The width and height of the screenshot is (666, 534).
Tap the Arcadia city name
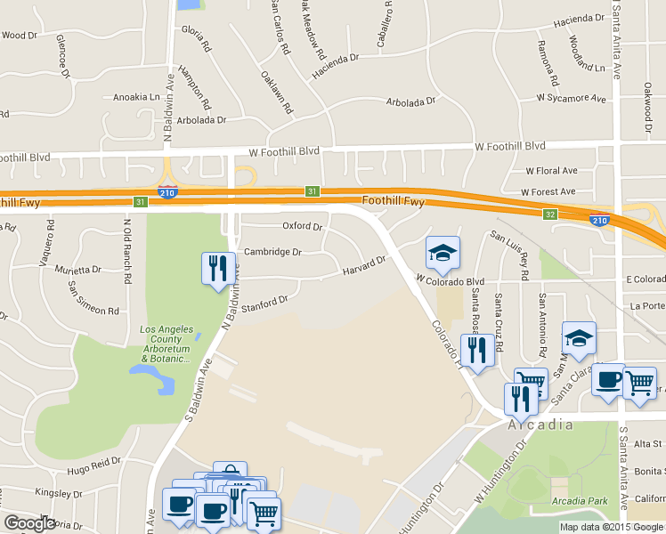[541, 425]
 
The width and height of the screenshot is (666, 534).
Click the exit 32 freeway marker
[551, 214]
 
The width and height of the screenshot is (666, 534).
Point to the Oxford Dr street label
[302, 226]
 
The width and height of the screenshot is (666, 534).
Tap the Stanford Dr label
[264, 304]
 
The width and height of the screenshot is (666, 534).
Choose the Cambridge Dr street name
[272, 252]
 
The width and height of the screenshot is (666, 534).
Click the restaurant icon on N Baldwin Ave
[218, 269]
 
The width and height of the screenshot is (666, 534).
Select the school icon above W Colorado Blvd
[443, 255]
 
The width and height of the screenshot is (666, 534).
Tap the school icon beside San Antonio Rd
[578, 339]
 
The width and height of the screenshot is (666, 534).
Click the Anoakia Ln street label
[136, 97]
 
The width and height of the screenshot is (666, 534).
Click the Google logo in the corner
[30, 523]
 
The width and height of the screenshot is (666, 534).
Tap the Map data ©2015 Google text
[612, 527]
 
